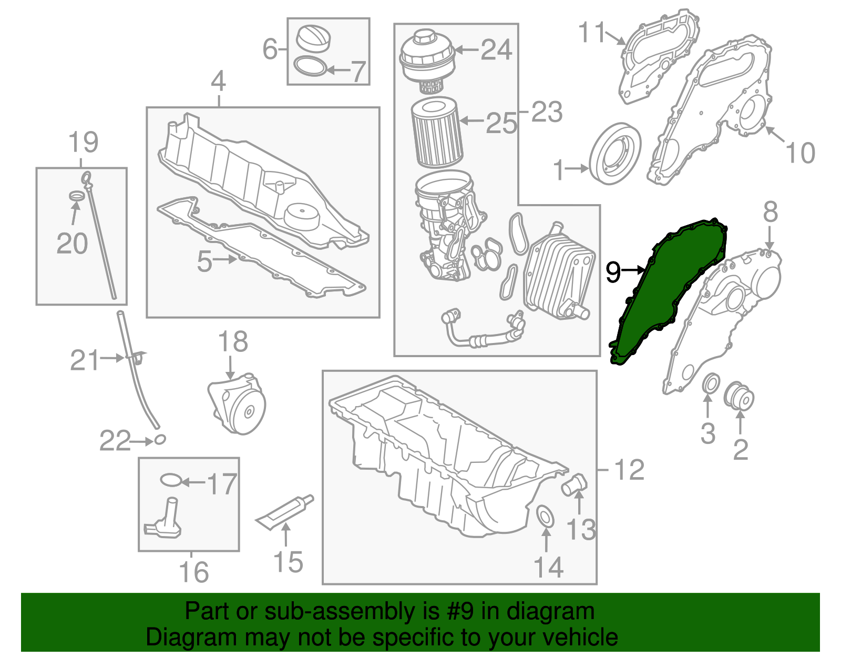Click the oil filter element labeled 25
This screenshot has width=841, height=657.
pos(436,134)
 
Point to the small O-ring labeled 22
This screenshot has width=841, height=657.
pos(160,439)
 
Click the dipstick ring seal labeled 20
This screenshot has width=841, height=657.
pos(77,196)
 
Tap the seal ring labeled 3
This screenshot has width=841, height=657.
pos(711,383)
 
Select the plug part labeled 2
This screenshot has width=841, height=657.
pos(740,397)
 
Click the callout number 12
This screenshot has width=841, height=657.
pos(629,469)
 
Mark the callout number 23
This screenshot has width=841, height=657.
pos(547,112)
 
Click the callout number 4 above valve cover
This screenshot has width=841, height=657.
pos(219,83)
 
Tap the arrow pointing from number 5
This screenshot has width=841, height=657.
pos(226,259)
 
